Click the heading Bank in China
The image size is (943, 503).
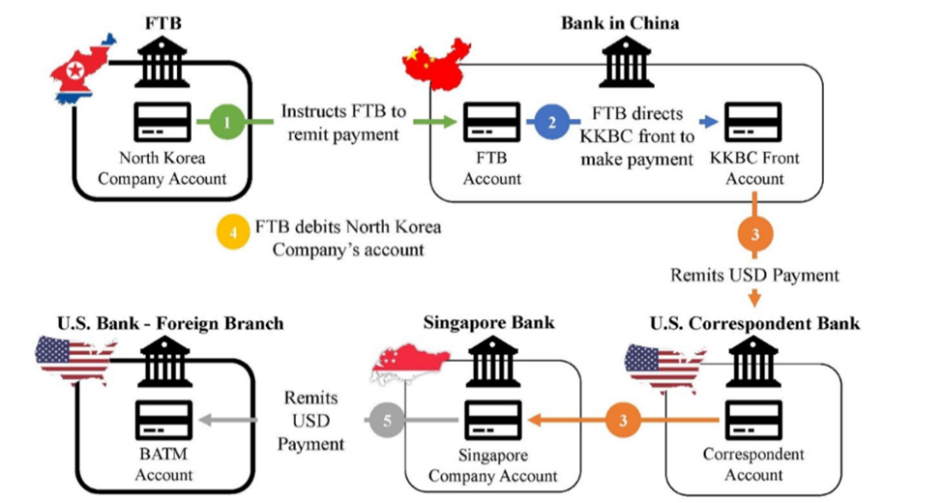click(x=620, y=21)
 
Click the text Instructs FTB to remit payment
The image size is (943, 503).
click(x=339, y=123)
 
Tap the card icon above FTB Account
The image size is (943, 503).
click(x=491, y=123)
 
